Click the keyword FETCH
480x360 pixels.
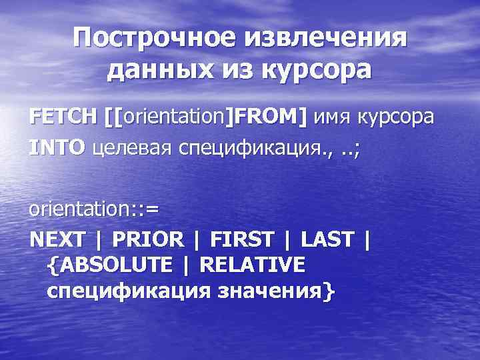click(63, 117)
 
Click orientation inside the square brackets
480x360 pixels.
click(176, 117)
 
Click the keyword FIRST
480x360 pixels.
click(241, 239)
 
